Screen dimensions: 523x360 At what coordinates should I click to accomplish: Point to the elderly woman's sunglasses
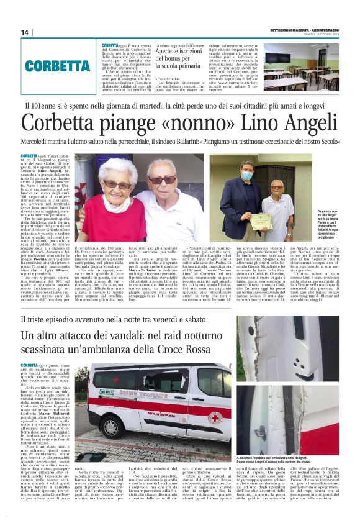tap(116, 184)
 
